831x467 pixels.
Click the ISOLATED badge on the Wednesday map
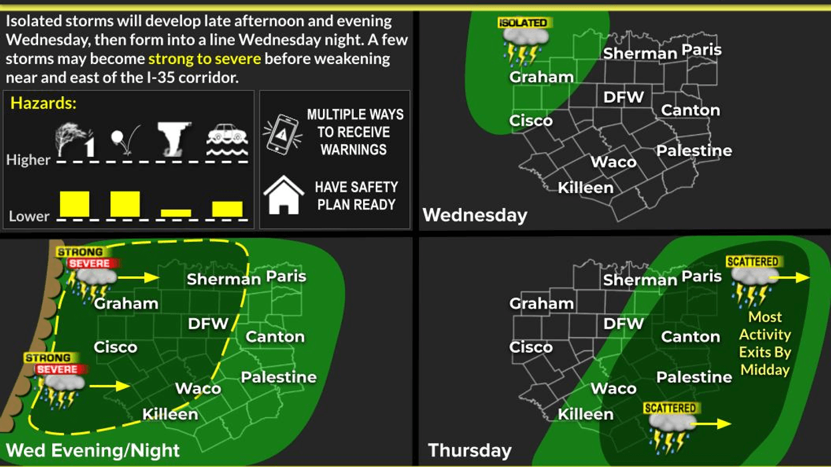(523, 23)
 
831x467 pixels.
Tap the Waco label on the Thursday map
(613, 388)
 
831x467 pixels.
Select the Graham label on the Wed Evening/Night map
(126, 304)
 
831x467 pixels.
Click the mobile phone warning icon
(282, 133)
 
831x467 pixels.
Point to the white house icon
(284, 195)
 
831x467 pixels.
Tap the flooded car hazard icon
(227, 141)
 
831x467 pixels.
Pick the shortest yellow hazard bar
(176, 213)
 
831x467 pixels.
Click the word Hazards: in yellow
(44, 103)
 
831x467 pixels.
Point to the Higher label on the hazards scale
(28, 160)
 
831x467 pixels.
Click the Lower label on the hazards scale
(29, 216)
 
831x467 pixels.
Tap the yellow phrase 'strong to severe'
(204, 59)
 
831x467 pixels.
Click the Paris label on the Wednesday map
(702, 50)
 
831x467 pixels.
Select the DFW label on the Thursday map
(623, 324)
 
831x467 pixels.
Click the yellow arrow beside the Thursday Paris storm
(794, 276)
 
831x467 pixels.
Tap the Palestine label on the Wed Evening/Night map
(278, 378)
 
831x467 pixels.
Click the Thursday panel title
(469, 450)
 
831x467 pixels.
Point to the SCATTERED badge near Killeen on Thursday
(669, 408)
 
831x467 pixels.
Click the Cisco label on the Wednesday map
(531, 121)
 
